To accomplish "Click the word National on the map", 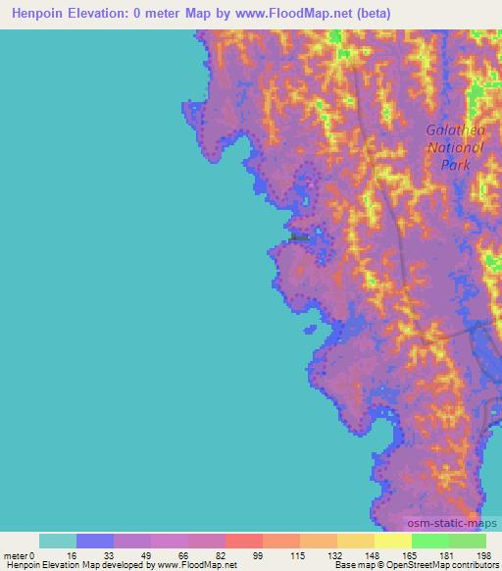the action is point(455,147).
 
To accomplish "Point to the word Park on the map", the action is point(455,165).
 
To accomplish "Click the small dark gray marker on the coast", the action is point(300,235).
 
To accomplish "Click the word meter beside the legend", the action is point(16,554).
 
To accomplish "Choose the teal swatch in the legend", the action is point(57,541).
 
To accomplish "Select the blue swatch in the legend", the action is point(94,541).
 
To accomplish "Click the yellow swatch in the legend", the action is point(392,541).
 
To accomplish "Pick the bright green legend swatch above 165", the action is point(429,541).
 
